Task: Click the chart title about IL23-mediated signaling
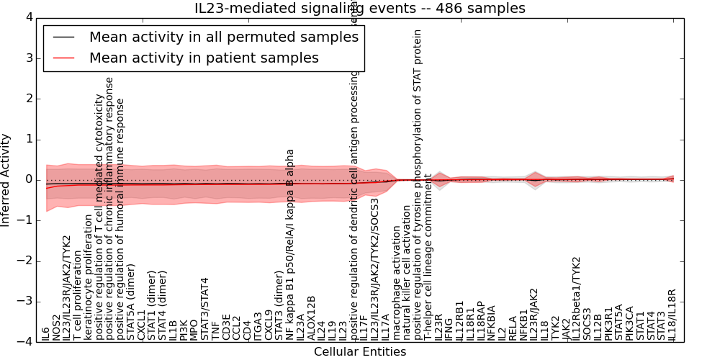point(360,9)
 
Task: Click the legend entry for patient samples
point(204,58)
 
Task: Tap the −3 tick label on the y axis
point(25,302)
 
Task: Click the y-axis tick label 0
point(28,180)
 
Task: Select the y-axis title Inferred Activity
point(6,180)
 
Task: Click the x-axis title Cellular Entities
point(360,352)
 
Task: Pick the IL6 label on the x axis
point(46,333)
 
